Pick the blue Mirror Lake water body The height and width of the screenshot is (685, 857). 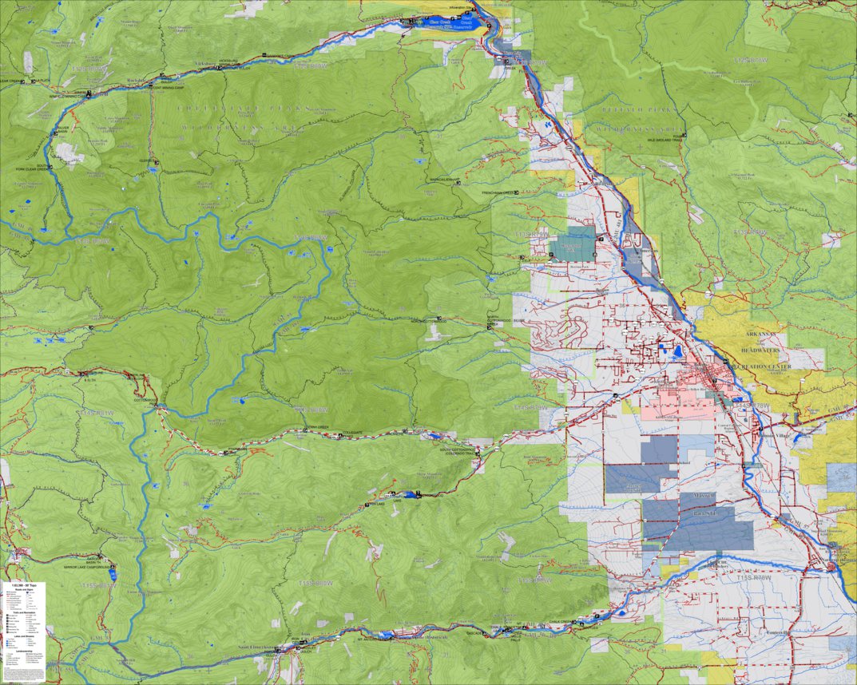click(114, 573)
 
